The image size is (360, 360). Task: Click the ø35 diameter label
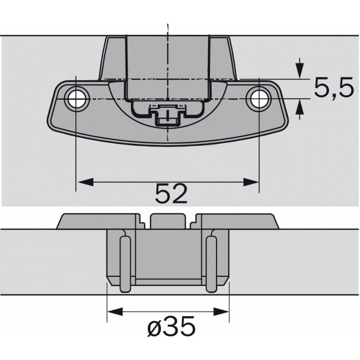tap(172, 328)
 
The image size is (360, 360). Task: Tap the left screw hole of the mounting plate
tap(76, 98)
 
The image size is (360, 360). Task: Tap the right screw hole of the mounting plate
tap(258, 98)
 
